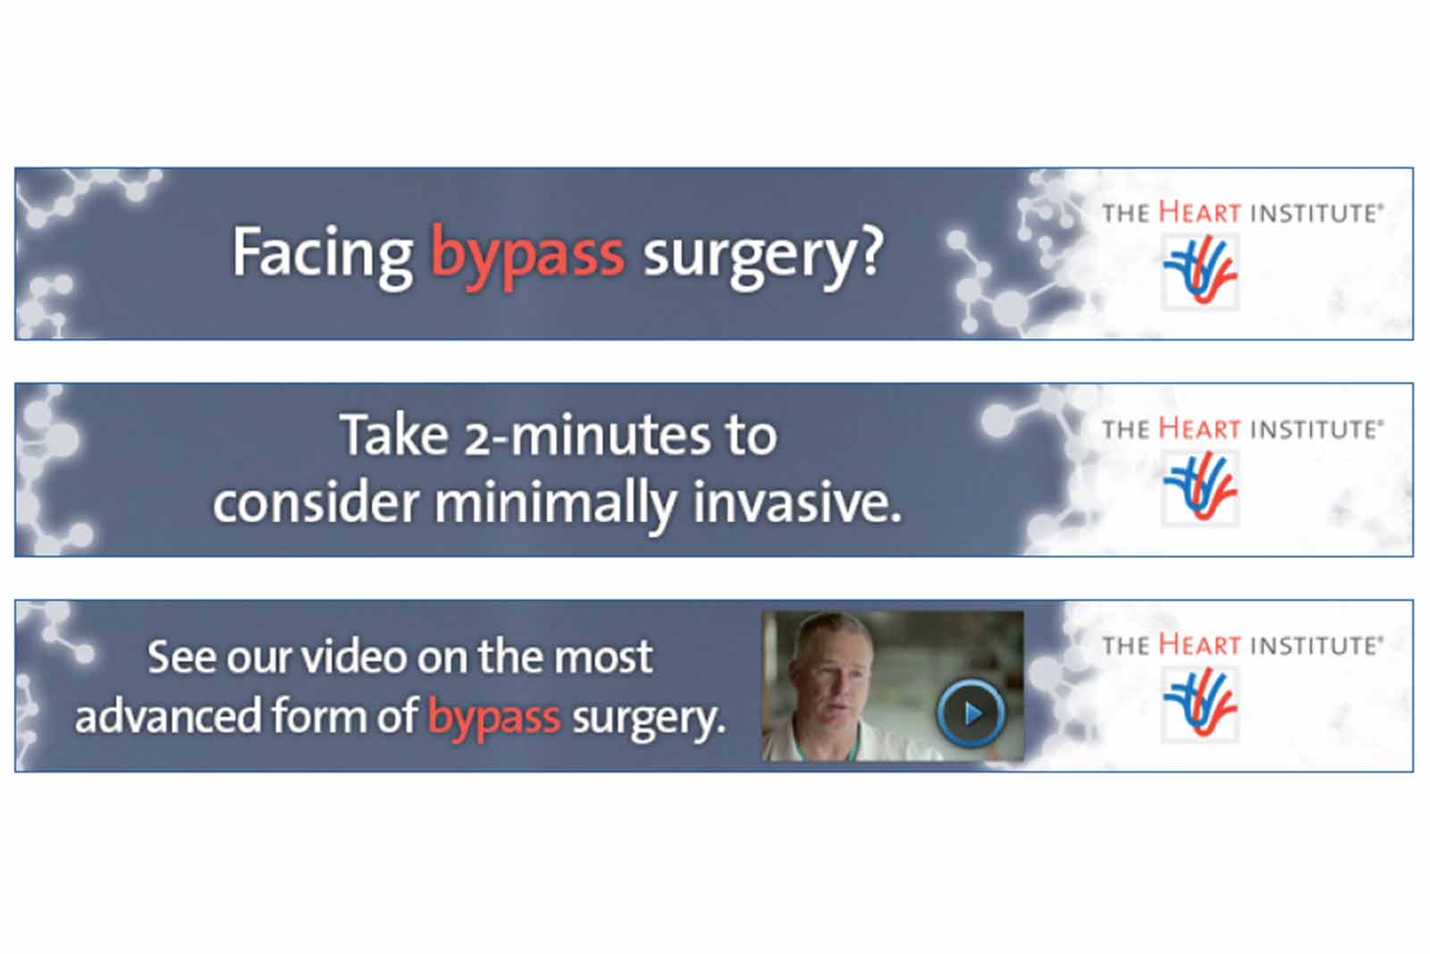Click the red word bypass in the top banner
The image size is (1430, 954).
(527, 256)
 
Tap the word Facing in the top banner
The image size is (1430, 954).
(322, 254)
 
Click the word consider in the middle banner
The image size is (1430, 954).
(315, 502)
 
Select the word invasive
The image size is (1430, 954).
(797, 502)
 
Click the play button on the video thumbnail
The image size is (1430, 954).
(971, 712)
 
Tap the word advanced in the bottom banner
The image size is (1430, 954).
(167, 716)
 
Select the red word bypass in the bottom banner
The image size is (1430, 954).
(494, 718)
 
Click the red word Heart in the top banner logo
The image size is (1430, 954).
(1199, 213)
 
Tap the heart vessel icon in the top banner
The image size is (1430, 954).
(1200, 271)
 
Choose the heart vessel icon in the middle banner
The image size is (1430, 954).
(1200, 487)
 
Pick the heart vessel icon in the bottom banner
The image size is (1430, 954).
(1200, 703)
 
